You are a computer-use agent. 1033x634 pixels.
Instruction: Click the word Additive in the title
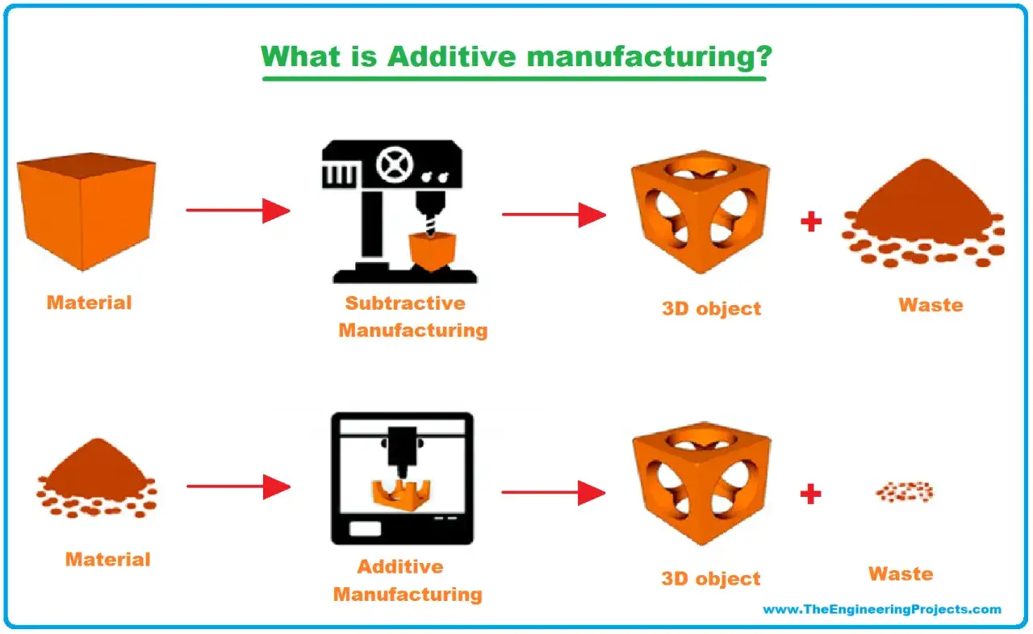click(451, 56)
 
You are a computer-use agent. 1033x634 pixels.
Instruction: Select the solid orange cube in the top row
click(86, 211)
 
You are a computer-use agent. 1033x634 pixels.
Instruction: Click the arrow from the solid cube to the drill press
click(238, 211)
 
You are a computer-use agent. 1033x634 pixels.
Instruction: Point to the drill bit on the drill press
click(431, 225)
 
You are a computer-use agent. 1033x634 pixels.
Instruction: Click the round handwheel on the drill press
click(395, 165)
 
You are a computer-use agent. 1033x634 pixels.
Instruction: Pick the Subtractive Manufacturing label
click(412, 316)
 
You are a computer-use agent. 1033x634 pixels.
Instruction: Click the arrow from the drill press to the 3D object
click(554, 215)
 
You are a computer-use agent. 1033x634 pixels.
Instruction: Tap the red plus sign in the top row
click(811, 221)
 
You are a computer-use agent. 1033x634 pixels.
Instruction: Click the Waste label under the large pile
click(931, 305)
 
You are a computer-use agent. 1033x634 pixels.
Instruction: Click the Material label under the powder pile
click(108, 559)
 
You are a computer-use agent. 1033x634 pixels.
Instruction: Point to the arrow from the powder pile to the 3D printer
click(238, 486)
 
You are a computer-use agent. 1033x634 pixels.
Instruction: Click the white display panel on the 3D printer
click(366, 528)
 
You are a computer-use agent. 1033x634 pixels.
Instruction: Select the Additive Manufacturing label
click(408, 581)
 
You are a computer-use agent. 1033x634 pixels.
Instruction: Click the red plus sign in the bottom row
click(811, 494)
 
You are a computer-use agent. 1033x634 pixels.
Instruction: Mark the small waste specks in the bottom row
click(905, 492)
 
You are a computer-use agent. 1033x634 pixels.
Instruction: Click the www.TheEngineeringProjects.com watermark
click(882, 610)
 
